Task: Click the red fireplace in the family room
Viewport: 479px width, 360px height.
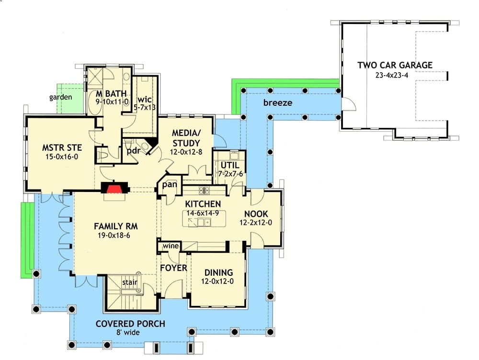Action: pos(114,188)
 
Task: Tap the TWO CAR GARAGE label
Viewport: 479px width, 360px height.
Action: pos(395,65)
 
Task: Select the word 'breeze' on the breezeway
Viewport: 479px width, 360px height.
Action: pos(278,102)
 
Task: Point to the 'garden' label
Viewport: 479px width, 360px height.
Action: pos(61,97)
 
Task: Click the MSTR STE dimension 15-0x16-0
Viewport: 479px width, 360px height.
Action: pos(62,157)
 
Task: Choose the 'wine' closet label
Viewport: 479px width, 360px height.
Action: pos(171,246)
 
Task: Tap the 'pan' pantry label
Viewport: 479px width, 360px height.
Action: pos(170,184)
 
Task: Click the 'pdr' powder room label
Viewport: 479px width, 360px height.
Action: pos(134,150)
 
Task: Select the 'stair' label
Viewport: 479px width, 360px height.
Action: pos(130,282)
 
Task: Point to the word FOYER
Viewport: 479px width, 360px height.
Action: pos(173,268)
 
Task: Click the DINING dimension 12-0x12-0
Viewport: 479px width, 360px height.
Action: pos(217,281)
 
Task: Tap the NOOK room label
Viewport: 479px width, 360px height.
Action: pos(256,214)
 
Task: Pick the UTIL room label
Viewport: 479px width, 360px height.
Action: pos(230,165)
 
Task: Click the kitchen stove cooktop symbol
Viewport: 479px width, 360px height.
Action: pos(204,190)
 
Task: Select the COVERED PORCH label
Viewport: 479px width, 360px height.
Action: pos(130,324)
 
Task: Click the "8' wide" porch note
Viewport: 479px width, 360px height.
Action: pos(128,333)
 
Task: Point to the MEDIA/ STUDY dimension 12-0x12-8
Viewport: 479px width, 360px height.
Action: pos(186,152)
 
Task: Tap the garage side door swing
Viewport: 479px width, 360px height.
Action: pos(349,104)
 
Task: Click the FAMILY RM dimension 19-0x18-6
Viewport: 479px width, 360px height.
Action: pos(114,236)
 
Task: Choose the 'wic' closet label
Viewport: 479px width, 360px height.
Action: pos(145,100)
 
